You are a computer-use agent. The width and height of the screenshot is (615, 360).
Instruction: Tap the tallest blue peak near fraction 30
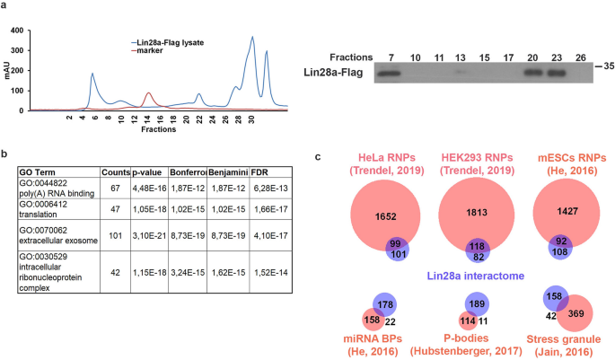click(253, 39)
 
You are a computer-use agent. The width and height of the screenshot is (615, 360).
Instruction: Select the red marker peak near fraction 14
click(148, 93)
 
